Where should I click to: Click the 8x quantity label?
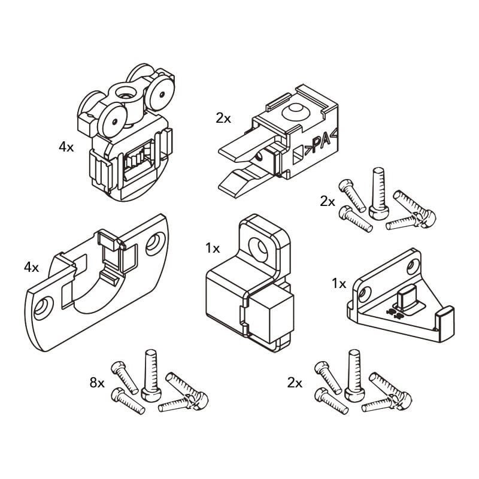(97, 382)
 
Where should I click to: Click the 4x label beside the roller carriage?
(66, 147)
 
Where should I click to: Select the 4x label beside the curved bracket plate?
(31, 268)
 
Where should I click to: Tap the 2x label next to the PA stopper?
(223, 118)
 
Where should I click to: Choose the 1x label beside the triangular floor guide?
(339, 283)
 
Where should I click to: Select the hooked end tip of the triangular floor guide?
(445, 313)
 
